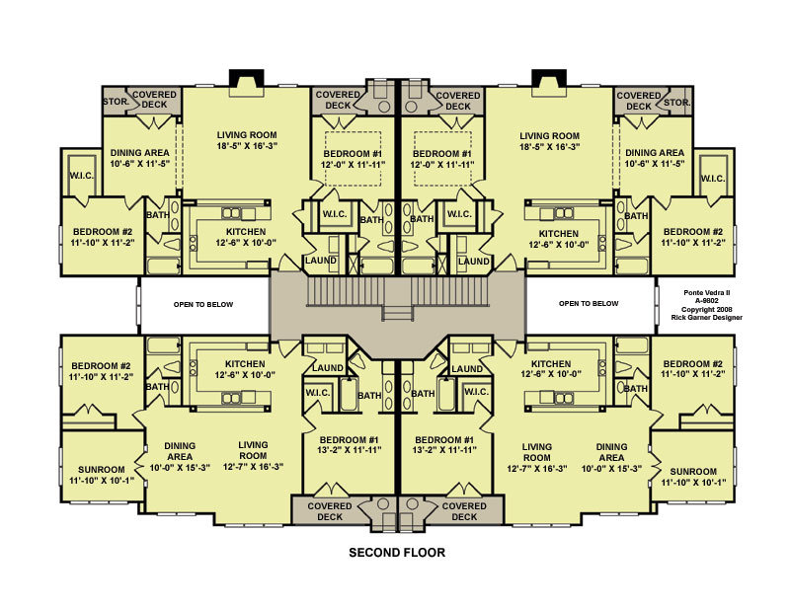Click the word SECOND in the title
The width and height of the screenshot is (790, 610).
[372, 553]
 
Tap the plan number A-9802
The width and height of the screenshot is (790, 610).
[706, 301]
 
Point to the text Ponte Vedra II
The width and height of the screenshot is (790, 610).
[706, 292]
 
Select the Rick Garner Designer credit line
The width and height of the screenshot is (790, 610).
[706, 318]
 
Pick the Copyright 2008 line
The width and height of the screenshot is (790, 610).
[706, 309]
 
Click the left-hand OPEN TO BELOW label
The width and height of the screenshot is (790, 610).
[203, 304]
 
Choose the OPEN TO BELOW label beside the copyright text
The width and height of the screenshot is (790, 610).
[589, 303]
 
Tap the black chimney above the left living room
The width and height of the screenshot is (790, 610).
[247, 78]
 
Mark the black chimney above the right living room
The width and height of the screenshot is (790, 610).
[549, 78]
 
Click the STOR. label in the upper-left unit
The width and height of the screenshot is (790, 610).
[116, 102]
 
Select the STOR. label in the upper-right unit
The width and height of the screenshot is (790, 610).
[677, 103]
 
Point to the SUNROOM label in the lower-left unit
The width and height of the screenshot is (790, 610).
[102, 470]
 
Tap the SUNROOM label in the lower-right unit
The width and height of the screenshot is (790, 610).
[693, 472]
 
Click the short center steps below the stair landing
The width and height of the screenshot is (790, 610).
[398, 313]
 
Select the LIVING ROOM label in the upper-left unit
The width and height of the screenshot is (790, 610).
[247, 135]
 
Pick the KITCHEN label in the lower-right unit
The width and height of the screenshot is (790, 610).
[551, 363]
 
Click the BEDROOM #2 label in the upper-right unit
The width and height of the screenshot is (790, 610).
[693, 232]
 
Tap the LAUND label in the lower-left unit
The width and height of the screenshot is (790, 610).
[328, 368]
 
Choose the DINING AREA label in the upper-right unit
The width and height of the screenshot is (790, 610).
[655, 153]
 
